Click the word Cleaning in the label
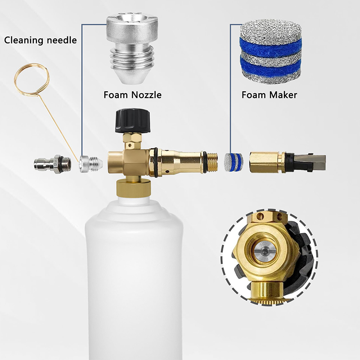click(24, 40)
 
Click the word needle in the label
click(62, 40)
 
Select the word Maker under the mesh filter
click(283, 95)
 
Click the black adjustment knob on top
click(133, 121)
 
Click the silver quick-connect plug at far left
click(52, 164)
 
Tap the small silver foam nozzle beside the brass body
click(91, 164)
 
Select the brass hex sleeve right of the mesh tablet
click(264, 162)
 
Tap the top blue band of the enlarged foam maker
click(270, 47)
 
